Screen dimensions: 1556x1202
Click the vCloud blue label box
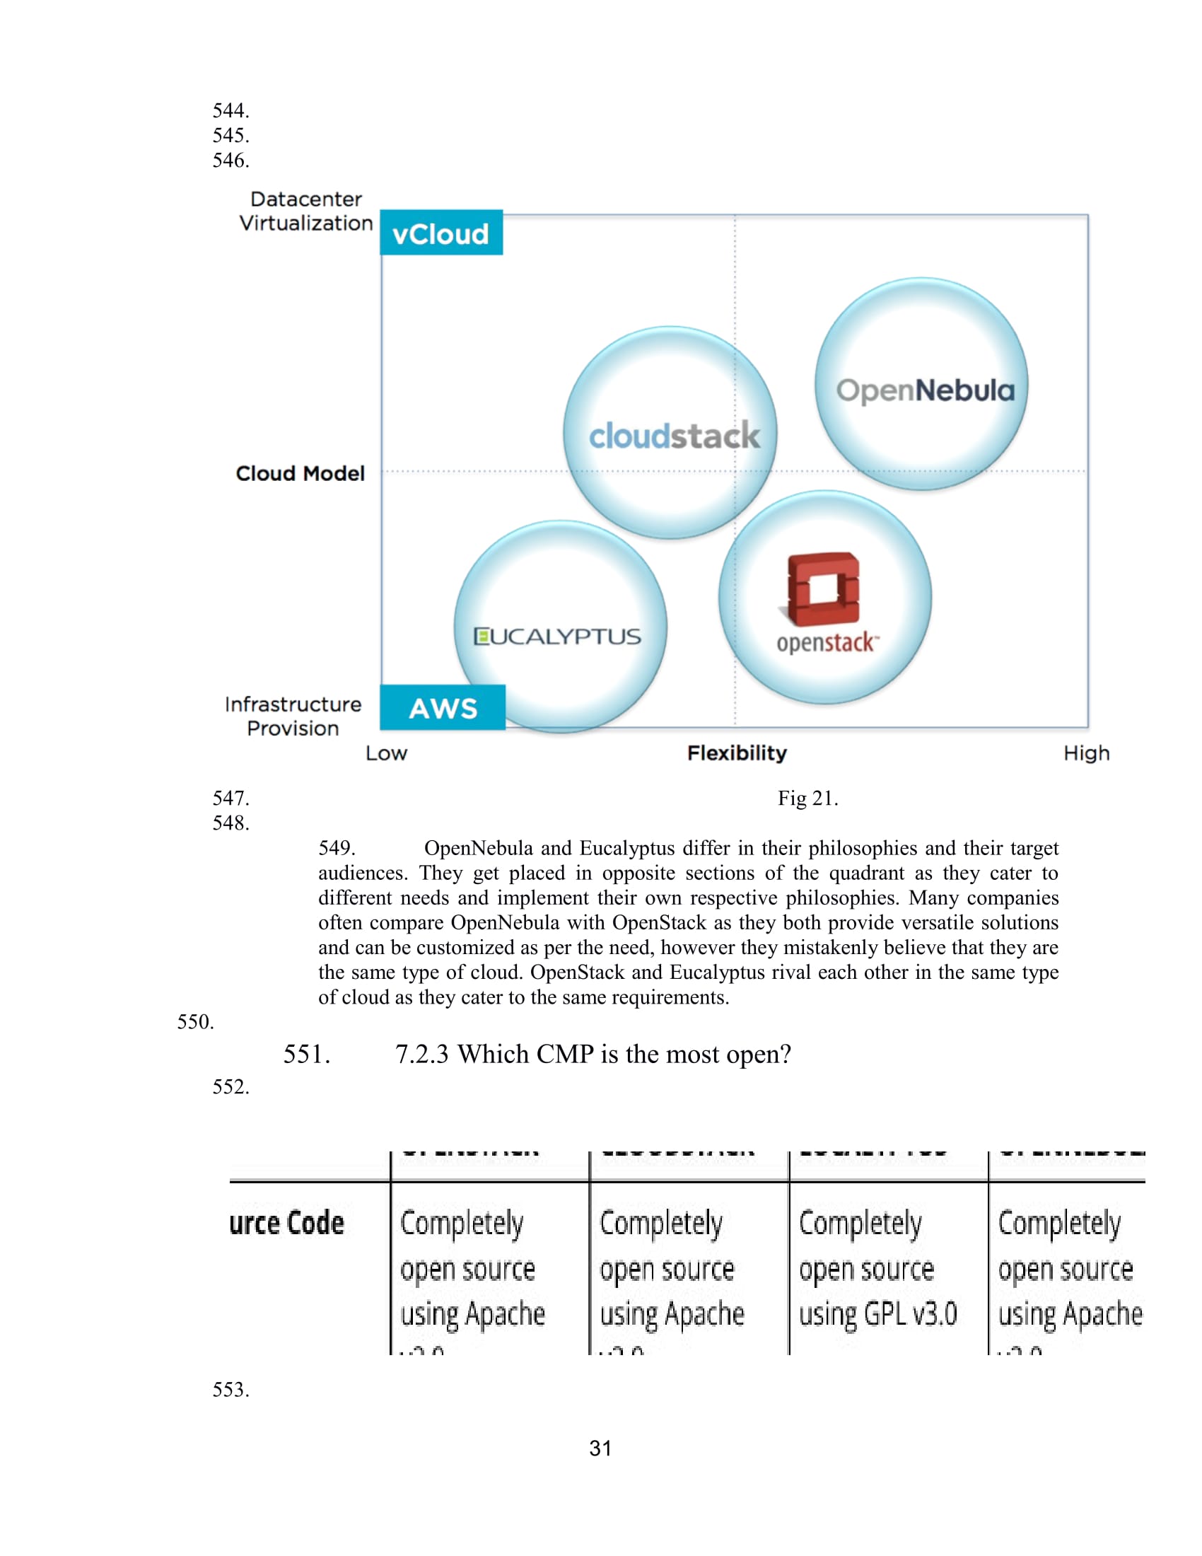pos(440,233)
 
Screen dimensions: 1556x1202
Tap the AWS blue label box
pos(442,707)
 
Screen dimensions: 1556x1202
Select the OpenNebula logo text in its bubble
pos(925,390)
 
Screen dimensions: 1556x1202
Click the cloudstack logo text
pos(674,435)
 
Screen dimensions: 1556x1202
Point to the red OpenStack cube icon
pos(824,588)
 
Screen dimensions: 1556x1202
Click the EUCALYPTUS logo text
pos(558,637)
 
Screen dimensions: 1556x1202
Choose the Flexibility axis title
pos(736,753)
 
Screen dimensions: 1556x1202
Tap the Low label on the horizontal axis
pos(386,753)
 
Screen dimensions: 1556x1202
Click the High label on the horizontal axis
pos(1086,753)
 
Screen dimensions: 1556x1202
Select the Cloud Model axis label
pos(300,474)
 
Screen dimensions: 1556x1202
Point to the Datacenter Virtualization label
pos(305,211)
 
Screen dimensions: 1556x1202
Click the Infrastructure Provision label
pos(293,716)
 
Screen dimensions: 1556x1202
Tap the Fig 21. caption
pos(807,798)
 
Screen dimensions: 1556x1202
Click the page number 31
pos(600,1448)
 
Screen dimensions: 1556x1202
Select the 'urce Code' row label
pos(287,1224)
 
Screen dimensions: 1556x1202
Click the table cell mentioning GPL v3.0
pos(877,1269)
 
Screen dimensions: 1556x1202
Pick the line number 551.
pos(306,1055)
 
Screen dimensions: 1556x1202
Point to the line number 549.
pos(336,848)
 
